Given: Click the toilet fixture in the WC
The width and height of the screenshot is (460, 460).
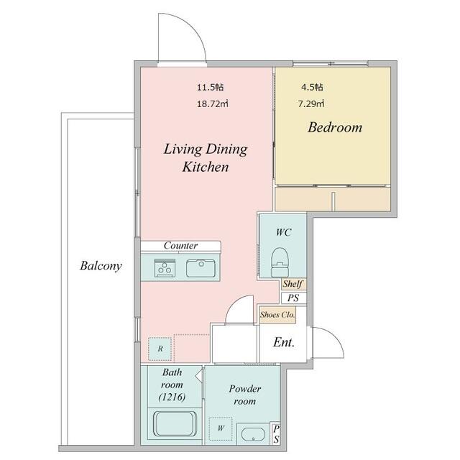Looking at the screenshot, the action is pyautogui.click(x=280, y=262).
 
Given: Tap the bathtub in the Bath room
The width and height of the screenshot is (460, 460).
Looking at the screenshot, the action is pyautogui.click(x=175, y=424).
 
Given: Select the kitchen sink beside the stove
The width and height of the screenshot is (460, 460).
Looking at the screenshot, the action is pyautogui.click(x=201, y=268).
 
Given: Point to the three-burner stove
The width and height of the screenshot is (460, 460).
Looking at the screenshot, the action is pyautogui.click(x=165, y=267).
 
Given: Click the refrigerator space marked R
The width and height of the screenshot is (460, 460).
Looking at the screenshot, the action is pyautogui.click(x=160, y=349).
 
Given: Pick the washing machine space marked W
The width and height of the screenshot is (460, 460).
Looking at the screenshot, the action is pyautogui.click(x=221, y=428).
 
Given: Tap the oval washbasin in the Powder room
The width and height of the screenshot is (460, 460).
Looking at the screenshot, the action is pyautogui.click(x=253, y=434).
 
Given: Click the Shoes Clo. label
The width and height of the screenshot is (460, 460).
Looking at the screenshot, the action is pyautogui.click(x=277, y=315).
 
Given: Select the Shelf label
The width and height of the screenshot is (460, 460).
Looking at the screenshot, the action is pyautogui.click(x=293, y=284).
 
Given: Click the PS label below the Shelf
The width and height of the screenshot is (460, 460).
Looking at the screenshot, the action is pyautogui.click(x=293, y=298).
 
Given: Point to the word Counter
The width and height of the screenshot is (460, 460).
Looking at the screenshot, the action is pyautogui.click(x=180, y=245).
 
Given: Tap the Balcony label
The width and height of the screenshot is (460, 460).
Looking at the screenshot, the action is pyautogui.click(x=101, y=266).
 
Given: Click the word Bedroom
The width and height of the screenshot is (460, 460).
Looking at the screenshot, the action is pyautogui.click(x=335, y=128).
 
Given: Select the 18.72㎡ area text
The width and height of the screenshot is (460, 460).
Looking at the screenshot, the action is pyautogui.click(x=213, y=103).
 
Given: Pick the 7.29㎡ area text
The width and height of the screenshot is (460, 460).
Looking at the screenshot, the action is pyautogui.click(x=311, y=103).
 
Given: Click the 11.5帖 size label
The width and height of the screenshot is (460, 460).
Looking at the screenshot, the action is pyautogui.click(x=210, y=87).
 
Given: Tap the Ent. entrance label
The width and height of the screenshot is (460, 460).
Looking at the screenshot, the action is pyautogui.click(x=284, y=342).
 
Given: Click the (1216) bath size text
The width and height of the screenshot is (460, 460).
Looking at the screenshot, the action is pyautogui.click(x=172, y=397).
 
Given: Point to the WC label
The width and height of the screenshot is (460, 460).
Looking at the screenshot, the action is pyautogui.click(x=283, y=232).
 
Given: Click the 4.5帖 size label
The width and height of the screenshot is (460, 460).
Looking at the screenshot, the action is pyautogui.click(x=312, y=87).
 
